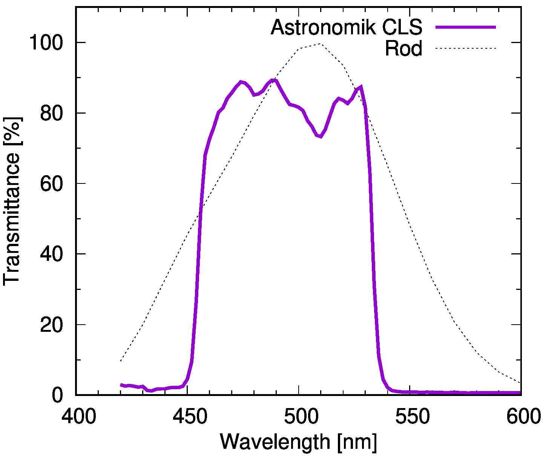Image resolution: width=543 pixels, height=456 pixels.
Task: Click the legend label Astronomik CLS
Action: click(346, 27)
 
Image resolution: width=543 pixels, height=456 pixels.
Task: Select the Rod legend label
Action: click(403, 48)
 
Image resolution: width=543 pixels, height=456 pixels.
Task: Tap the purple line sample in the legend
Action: click(465, 27)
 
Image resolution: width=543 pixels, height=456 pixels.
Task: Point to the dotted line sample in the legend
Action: click(465, 48)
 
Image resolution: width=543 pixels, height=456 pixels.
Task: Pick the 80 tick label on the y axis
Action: click(52, 113)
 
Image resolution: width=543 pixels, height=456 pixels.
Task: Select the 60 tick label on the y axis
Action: click(52, 183)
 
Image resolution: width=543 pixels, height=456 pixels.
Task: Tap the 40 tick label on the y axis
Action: click(52, 254)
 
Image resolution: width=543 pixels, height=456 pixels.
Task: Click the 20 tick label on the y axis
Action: click(52, 325)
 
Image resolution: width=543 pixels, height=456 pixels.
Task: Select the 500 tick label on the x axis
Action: click(299, 417)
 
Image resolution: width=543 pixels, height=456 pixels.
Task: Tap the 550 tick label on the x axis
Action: click(410, 417)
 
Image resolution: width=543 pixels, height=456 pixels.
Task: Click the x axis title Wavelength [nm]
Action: click(298, 442)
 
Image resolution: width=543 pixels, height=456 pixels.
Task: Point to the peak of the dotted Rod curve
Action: click(320, 44)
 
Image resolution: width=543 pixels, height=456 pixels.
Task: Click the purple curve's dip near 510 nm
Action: click(320, 136)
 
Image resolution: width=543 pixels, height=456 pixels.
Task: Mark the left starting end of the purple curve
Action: click(121, 385)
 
